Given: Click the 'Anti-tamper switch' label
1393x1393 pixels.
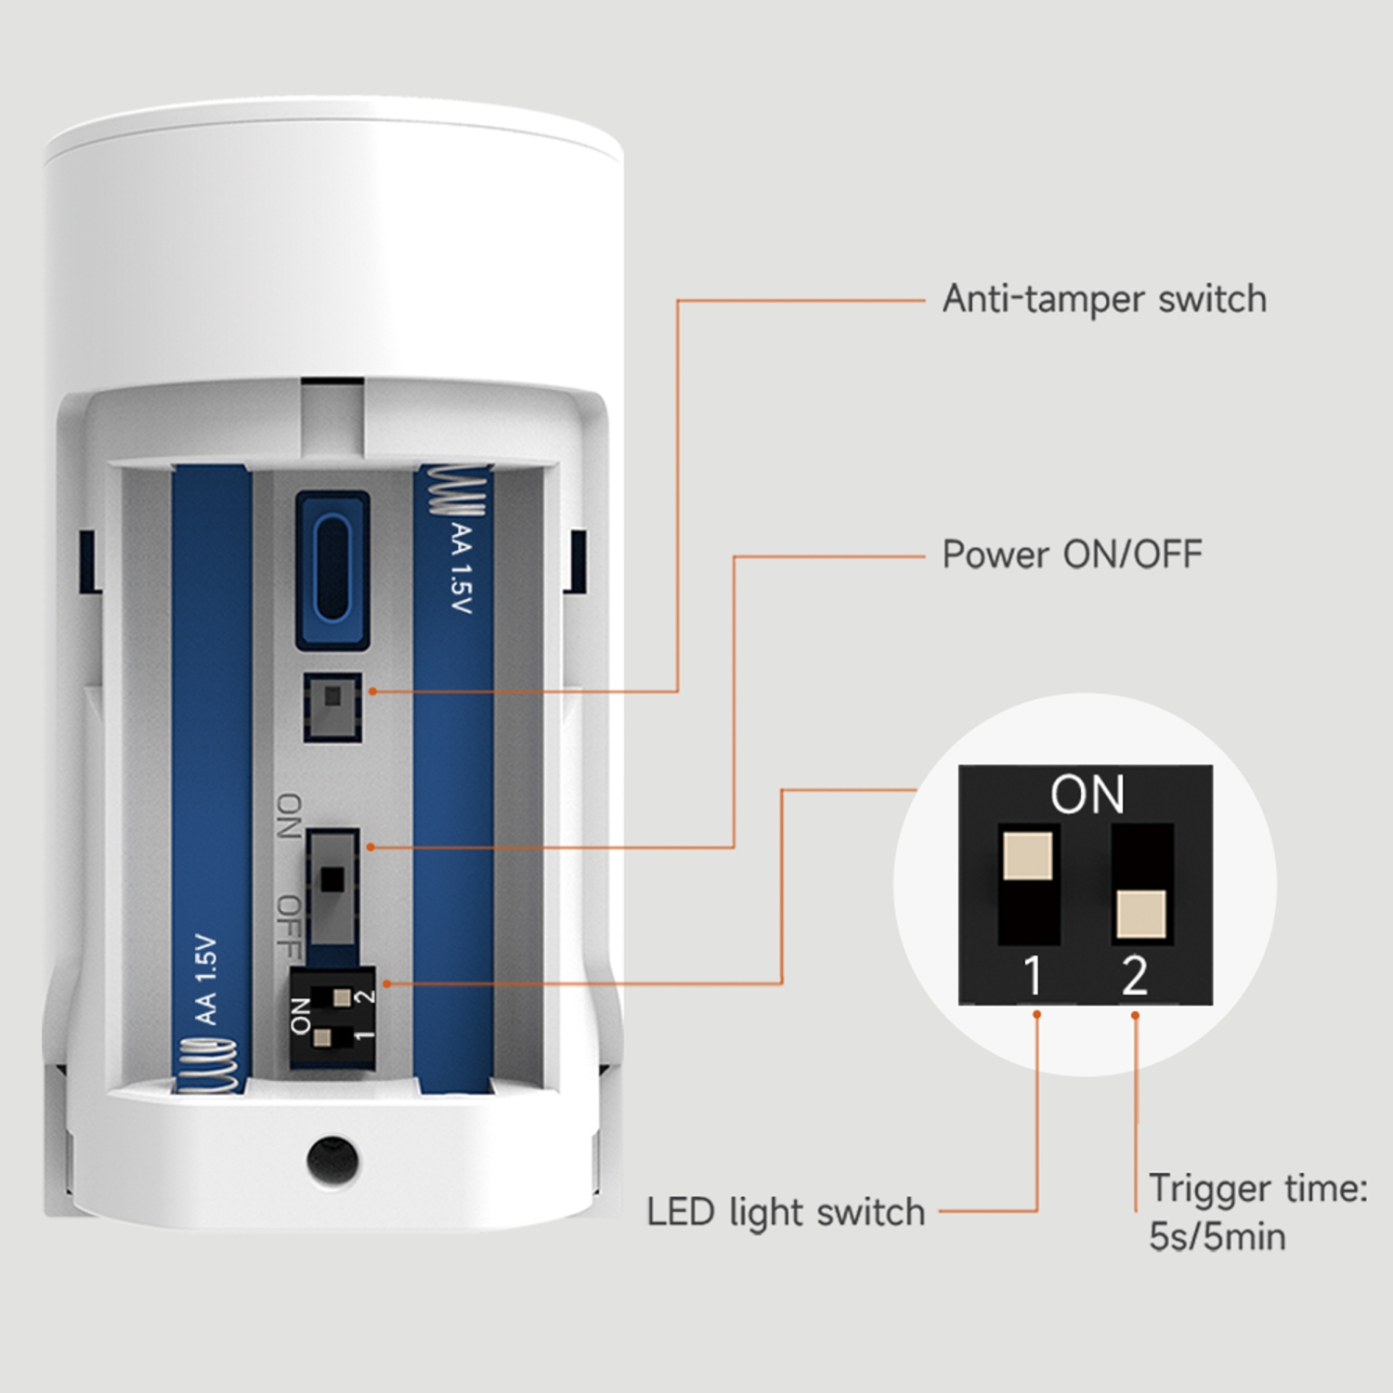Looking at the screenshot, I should tap(1104, 299).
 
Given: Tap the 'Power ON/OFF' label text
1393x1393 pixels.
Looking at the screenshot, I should tap(1072, 554).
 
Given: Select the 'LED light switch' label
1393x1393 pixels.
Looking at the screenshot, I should tap(786, 1212).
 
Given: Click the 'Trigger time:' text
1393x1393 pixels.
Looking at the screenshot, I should tap(1258, 1188).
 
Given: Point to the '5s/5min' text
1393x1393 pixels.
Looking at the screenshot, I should tap(1217, 1237).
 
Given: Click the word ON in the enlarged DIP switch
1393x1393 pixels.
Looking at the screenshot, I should tap(1087, 795).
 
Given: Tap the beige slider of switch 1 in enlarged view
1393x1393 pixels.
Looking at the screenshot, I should tap(1028, 855).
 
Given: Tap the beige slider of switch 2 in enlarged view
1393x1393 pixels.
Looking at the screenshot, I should tap(1141, 914).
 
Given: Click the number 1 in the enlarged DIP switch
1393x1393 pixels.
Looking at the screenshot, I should tap(1033, 976).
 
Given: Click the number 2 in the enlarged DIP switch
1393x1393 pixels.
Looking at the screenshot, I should tap(1134, 976).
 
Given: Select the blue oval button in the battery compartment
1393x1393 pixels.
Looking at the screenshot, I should tap(332, 569).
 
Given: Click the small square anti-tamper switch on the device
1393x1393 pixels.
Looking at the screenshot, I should tap(332, 706).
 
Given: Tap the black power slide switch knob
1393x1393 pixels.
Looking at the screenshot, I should tap(332, 879).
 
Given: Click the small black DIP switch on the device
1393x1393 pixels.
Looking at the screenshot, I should tap(332, 1018).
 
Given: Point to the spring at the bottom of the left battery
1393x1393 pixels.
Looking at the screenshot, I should tap(210, 1065).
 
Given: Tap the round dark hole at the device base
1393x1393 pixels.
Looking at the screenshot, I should tap(332, 1160).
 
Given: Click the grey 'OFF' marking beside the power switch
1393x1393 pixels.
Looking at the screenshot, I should tap(290, 926).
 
